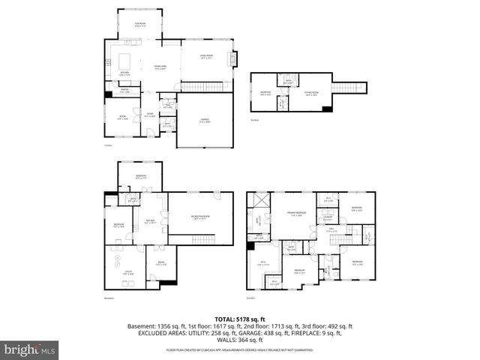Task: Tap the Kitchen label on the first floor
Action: pos(124,73)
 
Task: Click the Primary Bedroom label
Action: pos(296,213)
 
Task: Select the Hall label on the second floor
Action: pos(331,230)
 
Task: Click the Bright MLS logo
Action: pos(30,349)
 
